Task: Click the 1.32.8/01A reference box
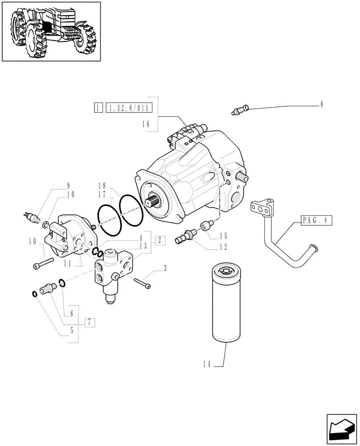[129, 107]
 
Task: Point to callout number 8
[321, 105]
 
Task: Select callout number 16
[146, 125]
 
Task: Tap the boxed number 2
[160, 240]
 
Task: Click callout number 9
[68, 186]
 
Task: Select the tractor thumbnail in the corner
[51, 31]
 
